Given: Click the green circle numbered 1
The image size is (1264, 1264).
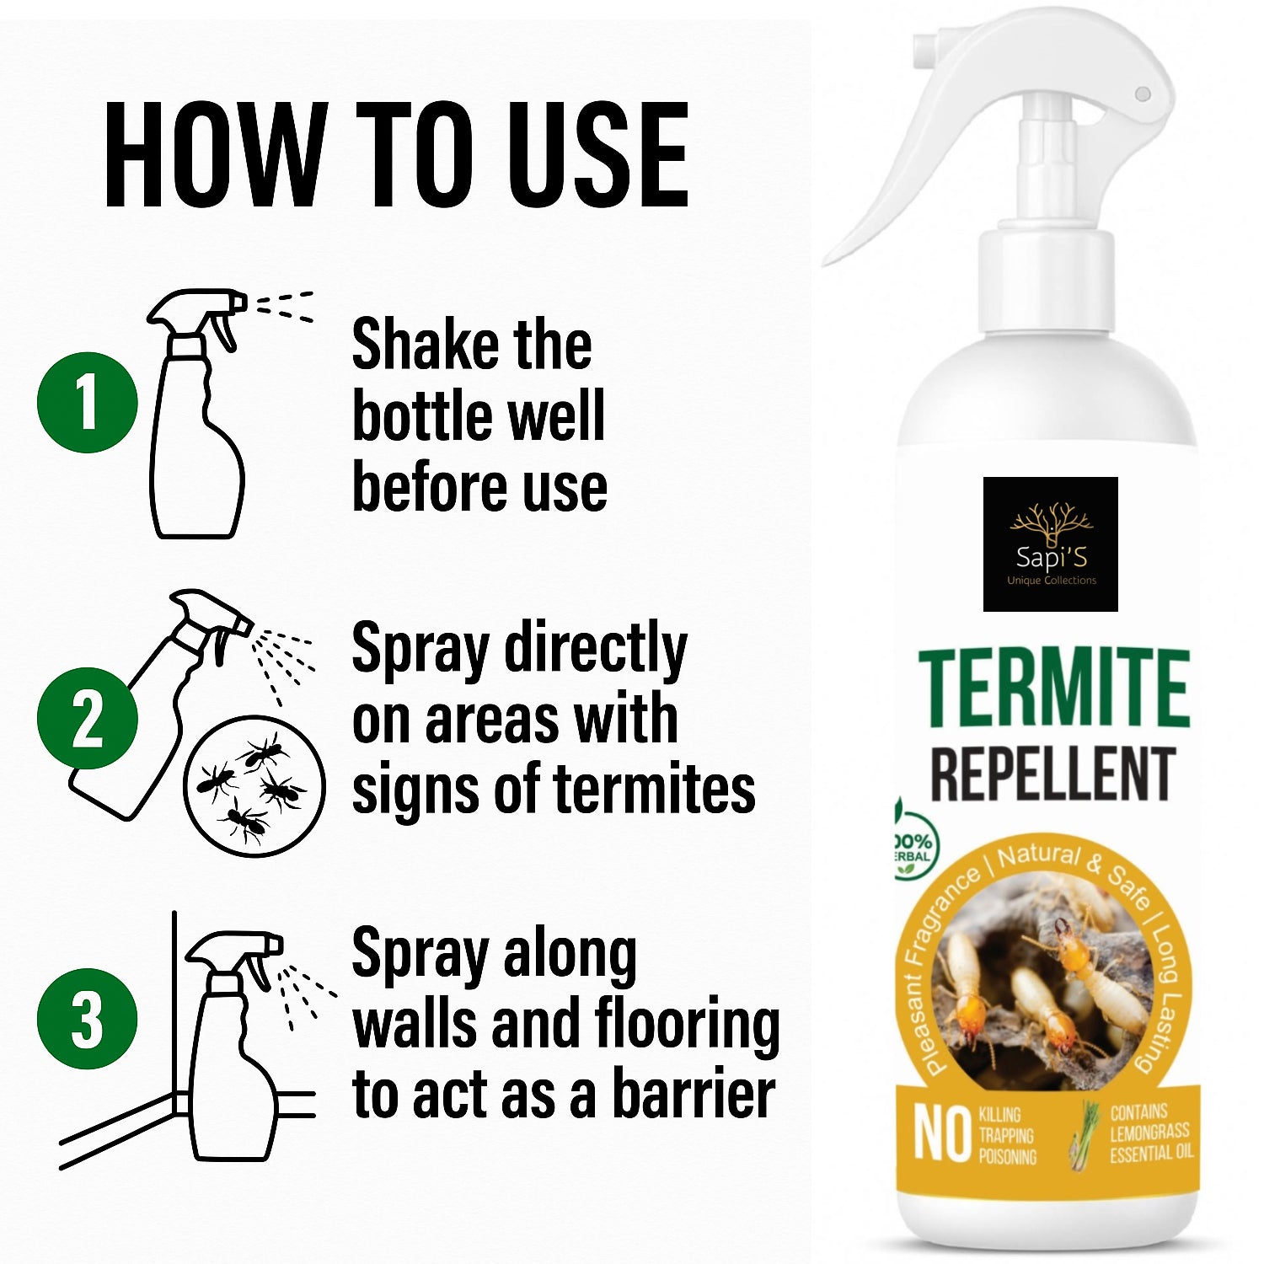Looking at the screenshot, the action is tap(87, 402).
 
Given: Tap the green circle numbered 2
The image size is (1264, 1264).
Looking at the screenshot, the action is tap(87, 718).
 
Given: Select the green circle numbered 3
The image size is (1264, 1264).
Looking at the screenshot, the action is tap(87, 1019).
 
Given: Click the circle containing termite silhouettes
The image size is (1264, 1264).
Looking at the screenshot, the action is tap(254, 785).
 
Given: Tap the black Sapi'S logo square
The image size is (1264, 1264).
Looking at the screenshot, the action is tap(1051, 544).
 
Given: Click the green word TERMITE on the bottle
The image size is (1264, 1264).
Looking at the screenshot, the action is tap(1054, 688).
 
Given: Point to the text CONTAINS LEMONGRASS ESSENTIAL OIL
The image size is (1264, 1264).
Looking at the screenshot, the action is tap(1151, 1133).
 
